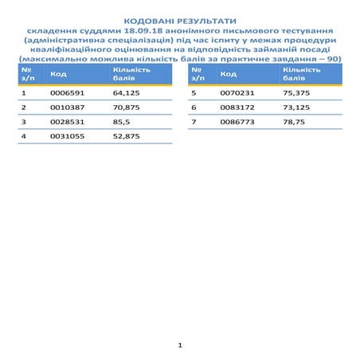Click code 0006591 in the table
tap(63, 92)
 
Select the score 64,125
tap(127, 92)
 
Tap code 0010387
tap(63, 107)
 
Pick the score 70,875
tap(127, 107)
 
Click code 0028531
tap(63, 121)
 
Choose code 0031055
tap(63, 136)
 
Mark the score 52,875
tap(127, 136)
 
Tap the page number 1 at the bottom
tap(181, 345)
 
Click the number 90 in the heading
tap(335, 58)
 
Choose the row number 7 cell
tap(194, 121)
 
